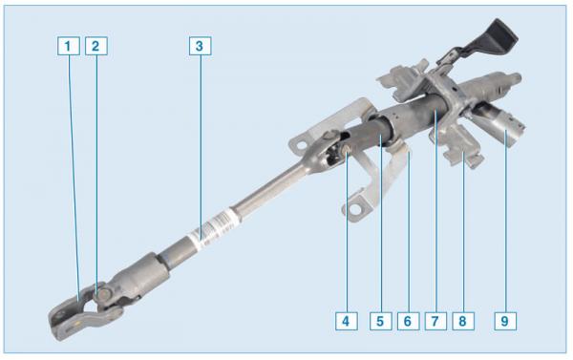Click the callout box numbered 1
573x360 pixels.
point(69,46)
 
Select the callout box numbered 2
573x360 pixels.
point(96,46)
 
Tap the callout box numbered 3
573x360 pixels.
point(201,46)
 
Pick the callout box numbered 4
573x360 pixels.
point(346,321)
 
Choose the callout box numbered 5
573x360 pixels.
point(380,321)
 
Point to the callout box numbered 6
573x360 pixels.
point(408,321)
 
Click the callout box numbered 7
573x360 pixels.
point(435,321)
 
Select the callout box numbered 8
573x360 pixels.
point(463,321)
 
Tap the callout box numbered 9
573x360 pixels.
point(505,321)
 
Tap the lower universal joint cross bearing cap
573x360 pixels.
point(105,294)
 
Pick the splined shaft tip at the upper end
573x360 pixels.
point(515,77)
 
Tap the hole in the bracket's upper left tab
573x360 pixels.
point(302,145)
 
